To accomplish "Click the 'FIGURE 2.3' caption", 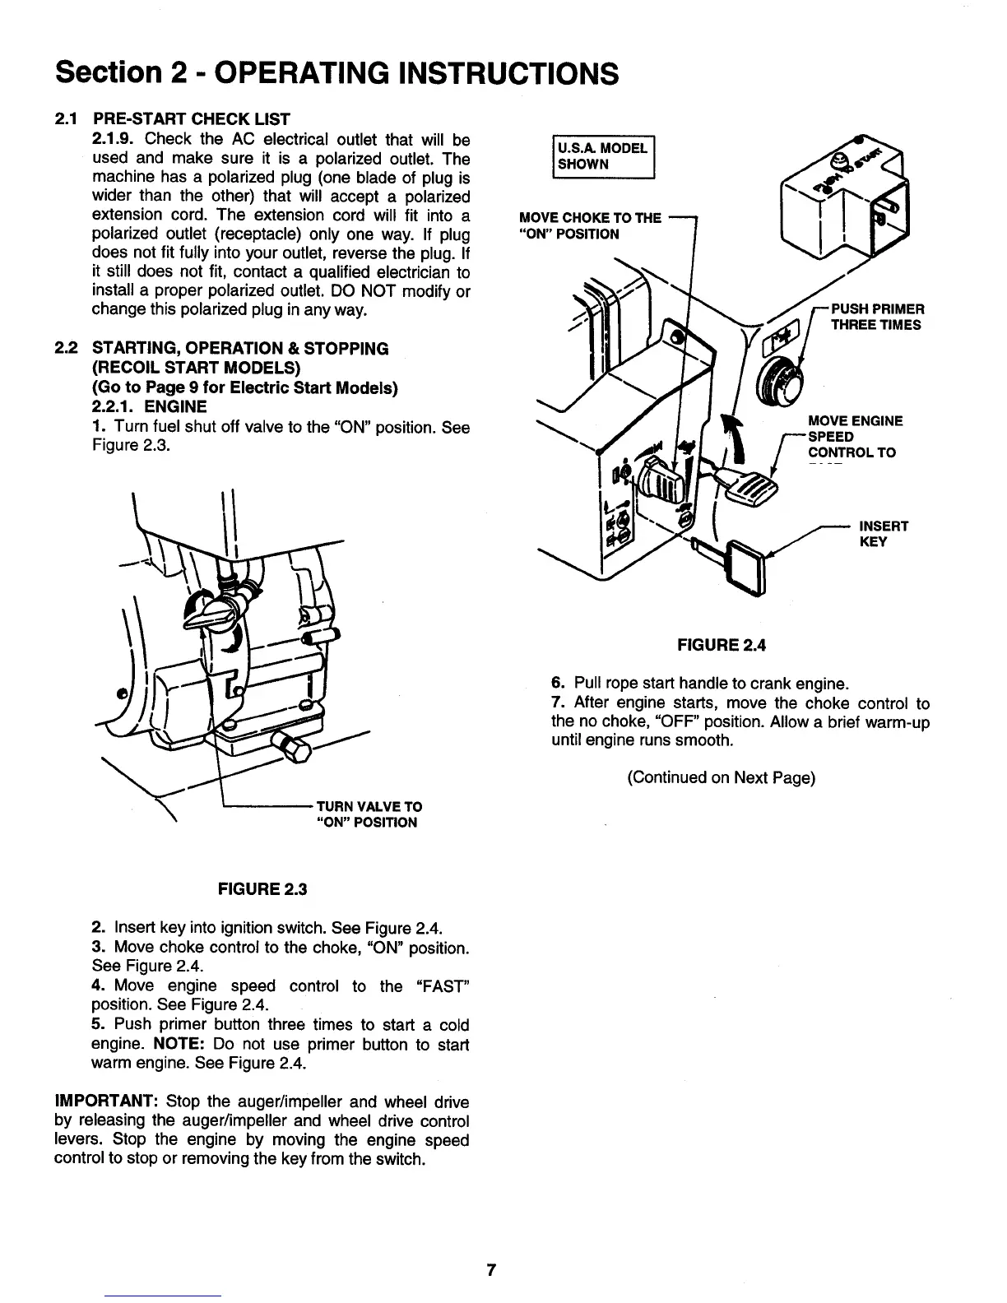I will click(262, 889).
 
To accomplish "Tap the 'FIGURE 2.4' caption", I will click(721, 645).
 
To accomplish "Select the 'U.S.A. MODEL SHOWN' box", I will click(603, 155).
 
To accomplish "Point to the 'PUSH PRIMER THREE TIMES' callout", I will click(878, 317).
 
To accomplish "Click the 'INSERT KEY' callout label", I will click(883, 533).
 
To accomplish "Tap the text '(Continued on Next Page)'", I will click(721, 777).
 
